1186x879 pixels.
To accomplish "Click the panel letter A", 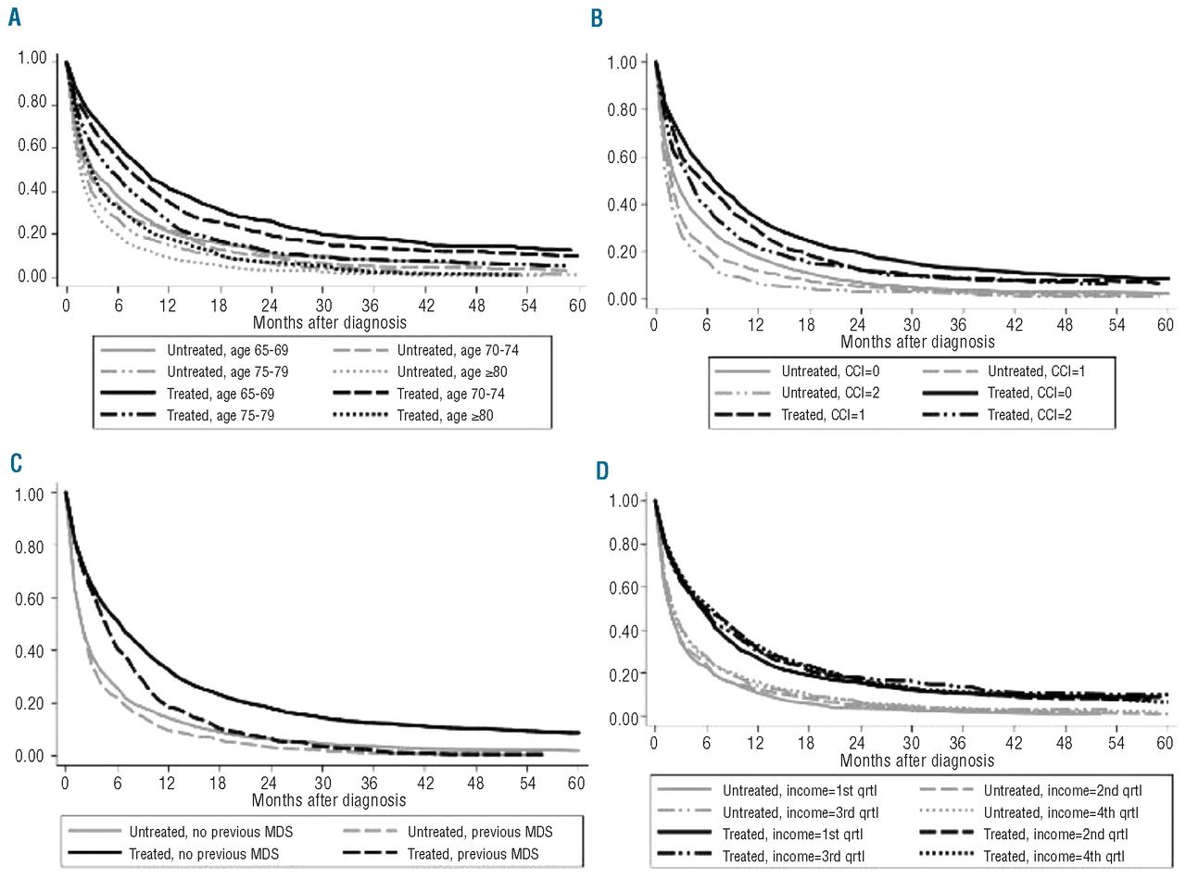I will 14,17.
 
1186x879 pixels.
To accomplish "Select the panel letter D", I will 602,471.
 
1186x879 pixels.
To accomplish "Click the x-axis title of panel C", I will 328,798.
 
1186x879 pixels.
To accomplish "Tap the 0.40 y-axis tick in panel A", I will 32,192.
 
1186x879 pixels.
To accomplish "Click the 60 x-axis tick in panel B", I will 1166,325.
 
